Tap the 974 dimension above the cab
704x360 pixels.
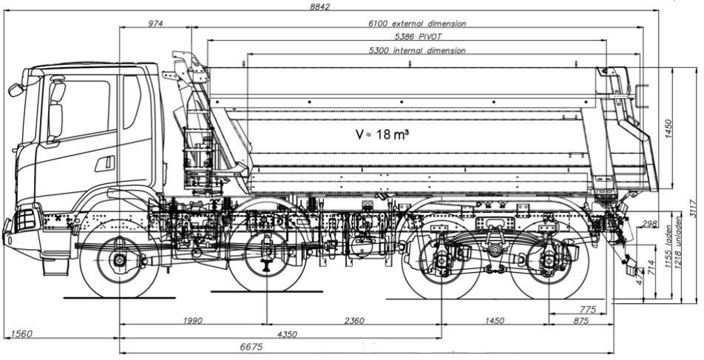pos(155,23)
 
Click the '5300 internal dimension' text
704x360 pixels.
pos(417,50)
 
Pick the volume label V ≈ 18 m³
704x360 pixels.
pos(382,135)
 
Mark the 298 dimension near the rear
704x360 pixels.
pos(650,223)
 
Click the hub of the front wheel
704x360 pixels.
pos(119,260)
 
